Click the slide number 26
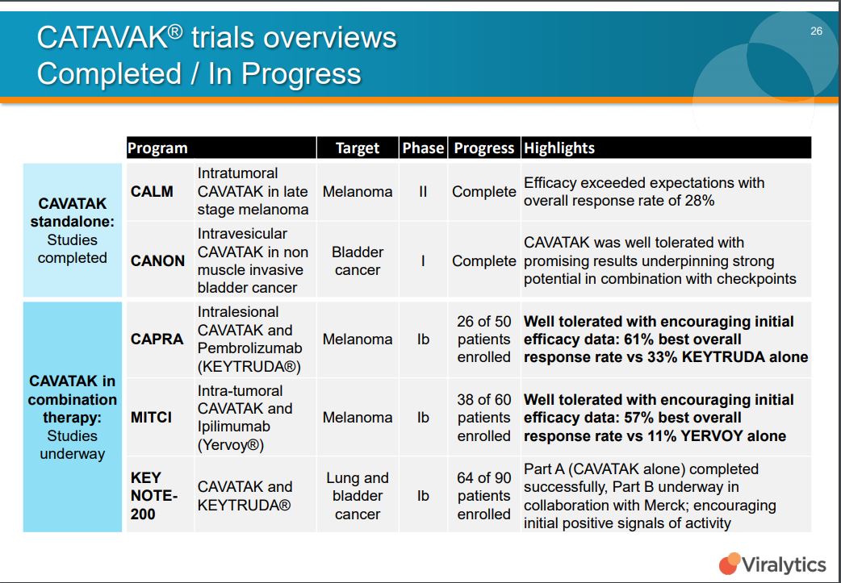(x=816, y=31)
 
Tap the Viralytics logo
(x=772, y=564)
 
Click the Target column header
(x=358, y=148)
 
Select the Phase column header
(x=423, y=148)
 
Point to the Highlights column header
(x=559, y=148)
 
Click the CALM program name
(x=152, y=191)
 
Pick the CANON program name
(x=157, y=260)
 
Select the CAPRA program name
(x=157, y=339)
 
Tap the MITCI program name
(x=151, y=417)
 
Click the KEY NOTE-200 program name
(x=154, y=496)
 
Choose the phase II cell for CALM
(x=423, y=191)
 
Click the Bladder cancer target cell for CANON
(x=358, y=261)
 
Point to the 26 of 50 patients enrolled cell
(x=483, y=339)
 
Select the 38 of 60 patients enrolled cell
(x=483, y=418)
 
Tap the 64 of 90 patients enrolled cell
(x=483, y=496)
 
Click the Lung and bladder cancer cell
(x=358, y=496)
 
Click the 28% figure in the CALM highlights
(x=700, y=201)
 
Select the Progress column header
(x=483, y=148)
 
